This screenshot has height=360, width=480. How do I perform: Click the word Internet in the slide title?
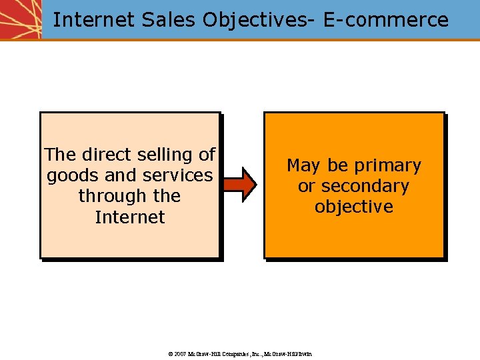[x=94, y=20]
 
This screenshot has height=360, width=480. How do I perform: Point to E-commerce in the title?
[x=386, y=20]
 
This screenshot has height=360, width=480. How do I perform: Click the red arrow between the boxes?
[x=239, y=185]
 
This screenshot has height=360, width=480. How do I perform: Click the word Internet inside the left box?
[x=130, y=217]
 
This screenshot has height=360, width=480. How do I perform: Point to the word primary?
[x=389, y=165]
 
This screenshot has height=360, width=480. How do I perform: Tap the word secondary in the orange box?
[x=365, y=186]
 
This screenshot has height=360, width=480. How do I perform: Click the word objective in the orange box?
[x=354, y=207]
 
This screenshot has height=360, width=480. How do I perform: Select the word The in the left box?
[x=60, y=155]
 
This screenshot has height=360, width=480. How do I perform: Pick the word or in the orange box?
[x=306, y=186]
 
